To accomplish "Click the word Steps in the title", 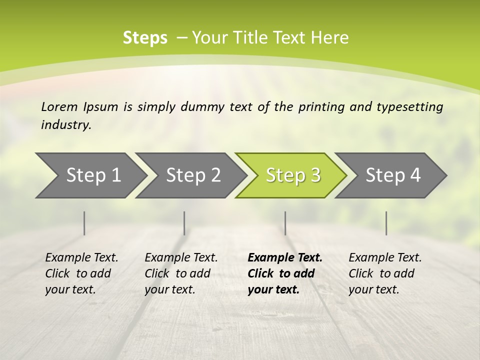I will tap(145, 38).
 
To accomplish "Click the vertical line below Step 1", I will tap(84, 223).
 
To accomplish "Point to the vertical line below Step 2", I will tap(184, 223).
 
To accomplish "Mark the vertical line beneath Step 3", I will tap(285, 223).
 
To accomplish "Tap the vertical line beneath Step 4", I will tap(386, 223).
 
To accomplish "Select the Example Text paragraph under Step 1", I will tap(81, 273).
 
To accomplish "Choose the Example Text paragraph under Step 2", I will tap(181, 273).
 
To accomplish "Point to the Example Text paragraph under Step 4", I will tap(385, 273).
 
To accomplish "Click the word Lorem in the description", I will tap(59, 107).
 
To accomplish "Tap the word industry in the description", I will tap(65, 125).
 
